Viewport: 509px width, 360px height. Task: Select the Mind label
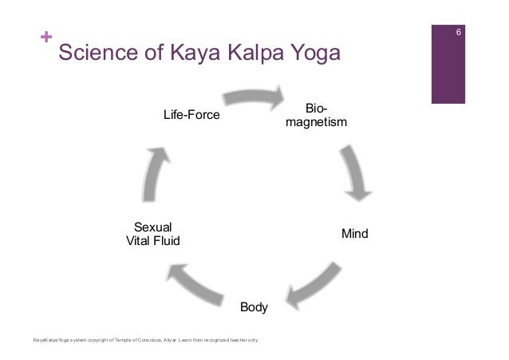[354, 235]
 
